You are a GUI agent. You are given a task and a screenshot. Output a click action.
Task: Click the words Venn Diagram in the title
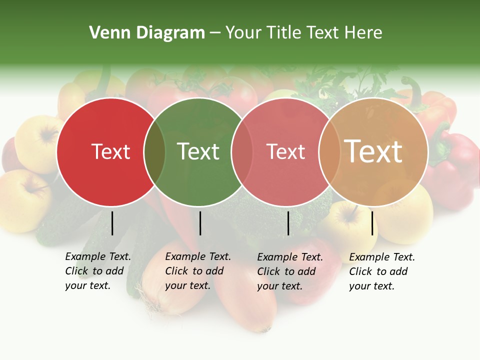coord(147,33)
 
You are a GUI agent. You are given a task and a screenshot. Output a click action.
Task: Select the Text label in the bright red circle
coord(110,151)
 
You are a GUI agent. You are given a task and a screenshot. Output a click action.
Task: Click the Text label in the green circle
coord(198,151)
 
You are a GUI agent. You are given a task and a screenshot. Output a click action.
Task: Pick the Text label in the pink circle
coord(285,151)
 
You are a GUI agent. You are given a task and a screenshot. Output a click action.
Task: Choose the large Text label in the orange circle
coord(373,151)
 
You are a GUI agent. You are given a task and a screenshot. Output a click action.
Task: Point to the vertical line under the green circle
coord(200,223)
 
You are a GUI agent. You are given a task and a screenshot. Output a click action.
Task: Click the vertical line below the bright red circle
coord(112,223)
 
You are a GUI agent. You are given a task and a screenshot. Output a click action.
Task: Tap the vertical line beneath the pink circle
coord(288,223)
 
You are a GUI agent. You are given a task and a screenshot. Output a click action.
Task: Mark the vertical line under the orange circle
coord(372,223)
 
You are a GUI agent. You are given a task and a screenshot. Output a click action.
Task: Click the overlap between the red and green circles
coord(154,151)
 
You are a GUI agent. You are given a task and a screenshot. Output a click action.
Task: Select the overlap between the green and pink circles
coord(241,151)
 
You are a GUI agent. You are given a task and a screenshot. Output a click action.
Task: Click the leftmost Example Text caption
coord(97,271)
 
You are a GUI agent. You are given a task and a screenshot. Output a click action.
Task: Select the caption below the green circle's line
coord(197,271)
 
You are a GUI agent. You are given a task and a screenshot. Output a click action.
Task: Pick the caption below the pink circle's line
coord(289,271)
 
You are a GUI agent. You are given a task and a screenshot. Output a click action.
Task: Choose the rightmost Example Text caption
coord(381,271)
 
